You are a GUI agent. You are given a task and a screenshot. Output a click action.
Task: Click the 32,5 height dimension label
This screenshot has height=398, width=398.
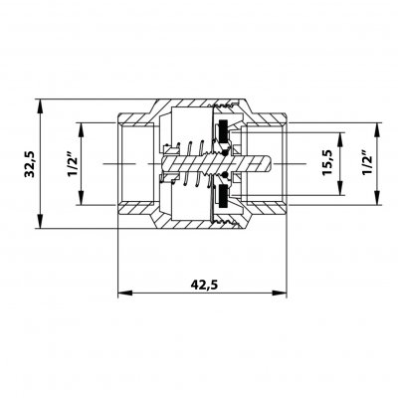pos(30,164)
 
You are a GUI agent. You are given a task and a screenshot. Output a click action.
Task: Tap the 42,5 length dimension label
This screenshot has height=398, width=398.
pos(204,285)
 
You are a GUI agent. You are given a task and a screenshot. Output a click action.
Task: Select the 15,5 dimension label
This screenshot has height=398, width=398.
pos(326,162)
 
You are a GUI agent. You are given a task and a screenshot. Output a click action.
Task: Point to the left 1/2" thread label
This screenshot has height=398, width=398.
pos(73,164)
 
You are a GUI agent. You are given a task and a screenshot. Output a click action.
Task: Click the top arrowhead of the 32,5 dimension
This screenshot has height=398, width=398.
pos(40,106)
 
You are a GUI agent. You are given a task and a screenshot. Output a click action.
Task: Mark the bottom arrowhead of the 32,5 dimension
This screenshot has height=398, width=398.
pos(40,221)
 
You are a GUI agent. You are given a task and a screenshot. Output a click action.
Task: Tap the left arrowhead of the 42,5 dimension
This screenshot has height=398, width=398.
pos(125,293)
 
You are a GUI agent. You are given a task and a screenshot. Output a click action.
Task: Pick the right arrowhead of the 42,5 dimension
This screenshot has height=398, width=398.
pos(280,293)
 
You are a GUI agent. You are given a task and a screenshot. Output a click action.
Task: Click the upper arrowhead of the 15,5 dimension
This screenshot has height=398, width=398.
pos(340,139)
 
